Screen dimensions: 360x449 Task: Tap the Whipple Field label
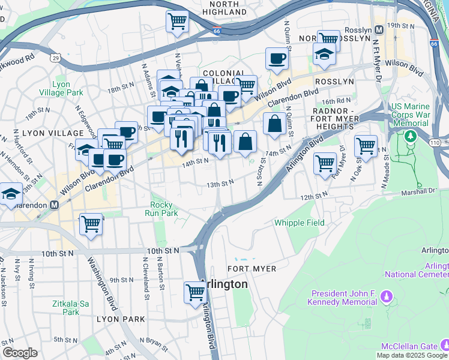point(299,223)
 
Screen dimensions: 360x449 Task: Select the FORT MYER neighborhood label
point(252,269)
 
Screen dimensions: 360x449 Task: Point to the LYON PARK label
point(121,319)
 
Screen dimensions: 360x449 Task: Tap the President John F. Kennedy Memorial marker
point(387,296)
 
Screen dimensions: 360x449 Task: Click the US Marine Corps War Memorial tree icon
point(411,136)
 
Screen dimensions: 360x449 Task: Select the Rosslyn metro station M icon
point(379,30)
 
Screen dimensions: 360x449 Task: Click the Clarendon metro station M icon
point(54,204)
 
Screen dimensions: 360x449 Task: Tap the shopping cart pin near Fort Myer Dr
point(325,162)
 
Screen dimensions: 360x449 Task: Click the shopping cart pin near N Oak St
point(365,145)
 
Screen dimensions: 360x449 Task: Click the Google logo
point(20,353)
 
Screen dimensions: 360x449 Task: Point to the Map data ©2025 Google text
point(412,355)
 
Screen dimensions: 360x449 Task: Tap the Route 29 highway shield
point(55,58)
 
